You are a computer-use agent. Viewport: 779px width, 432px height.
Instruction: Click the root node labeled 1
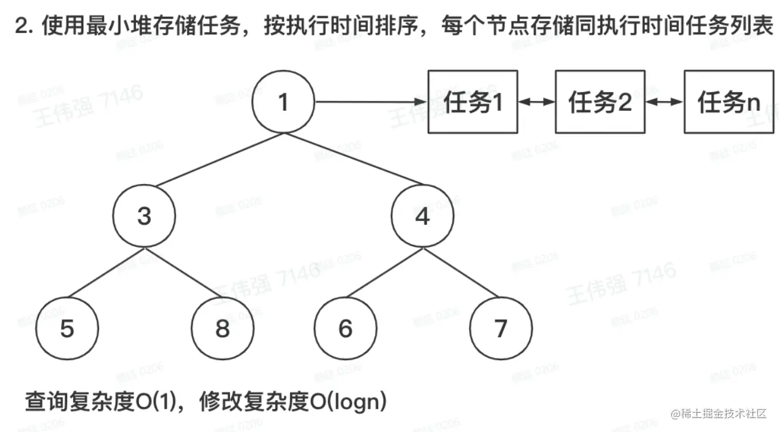pos(283,102)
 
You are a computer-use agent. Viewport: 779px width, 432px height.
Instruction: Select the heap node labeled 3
pos(144,216)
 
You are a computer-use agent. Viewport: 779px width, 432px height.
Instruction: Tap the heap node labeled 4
pos(422,216)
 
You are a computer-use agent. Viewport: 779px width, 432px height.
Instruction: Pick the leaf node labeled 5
pos(67,328)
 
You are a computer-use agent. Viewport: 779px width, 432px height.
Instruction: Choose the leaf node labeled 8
pos(222,328)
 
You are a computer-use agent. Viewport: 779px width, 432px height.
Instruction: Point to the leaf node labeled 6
pos(346,328)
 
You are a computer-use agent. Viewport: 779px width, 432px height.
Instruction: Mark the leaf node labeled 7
pos(500,328)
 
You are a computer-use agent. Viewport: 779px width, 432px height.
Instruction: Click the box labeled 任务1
pos(473,102)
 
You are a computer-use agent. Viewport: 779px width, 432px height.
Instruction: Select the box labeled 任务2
pos(600,102)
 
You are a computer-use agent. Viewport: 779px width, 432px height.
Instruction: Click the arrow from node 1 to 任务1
pos(372,102)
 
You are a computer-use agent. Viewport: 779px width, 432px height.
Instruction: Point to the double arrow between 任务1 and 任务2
pos(537,102)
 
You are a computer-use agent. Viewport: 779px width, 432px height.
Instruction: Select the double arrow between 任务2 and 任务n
pos(665,102)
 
